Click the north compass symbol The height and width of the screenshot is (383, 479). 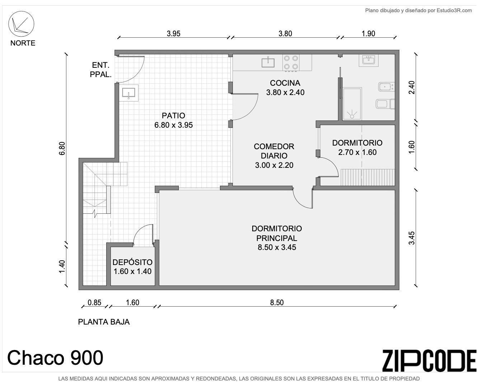(x=21, y=24)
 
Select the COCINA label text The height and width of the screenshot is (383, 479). (x=285, y=83)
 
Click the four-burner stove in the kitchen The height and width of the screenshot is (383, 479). (x=291, y=62)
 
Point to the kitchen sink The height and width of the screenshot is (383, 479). (x=268, y=62)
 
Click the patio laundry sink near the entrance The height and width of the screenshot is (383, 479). (x=129, y=93)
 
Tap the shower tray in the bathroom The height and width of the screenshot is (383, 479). (x=352, y=104)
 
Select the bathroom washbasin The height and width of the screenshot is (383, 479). (x=368, y=60)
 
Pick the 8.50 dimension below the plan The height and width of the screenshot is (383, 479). (x=277, y=302)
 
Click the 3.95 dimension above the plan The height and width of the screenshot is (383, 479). (x=174, y=34)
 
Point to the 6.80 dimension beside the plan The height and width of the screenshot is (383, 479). (x=62, y=148)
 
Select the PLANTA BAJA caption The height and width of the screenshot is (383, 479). (x=104, y=322)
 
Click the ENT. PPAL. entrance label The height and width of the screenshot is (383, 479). (x=100, y=70)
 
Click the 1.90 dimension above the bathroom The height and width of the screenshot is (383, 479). (x=368, y=34)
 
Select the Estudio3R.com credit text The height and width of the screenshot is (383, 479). (x=418, y=10)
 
